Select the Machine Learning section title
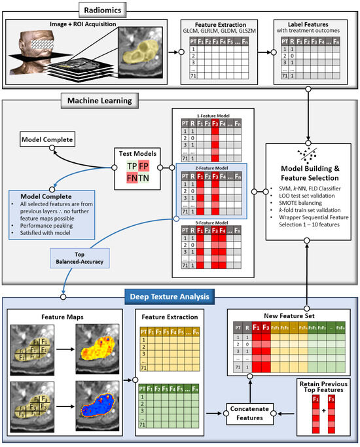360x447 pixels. tap(99, 101)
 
